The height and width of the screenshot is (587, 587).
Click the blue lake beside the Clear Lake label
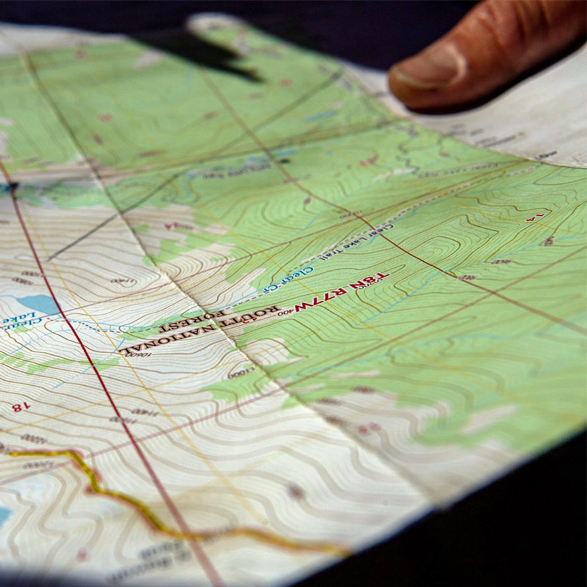[40, 303]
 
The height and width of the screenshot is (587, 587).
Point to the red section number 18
[20, 407]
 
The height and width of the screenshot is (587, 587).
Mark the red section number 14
[535, 217]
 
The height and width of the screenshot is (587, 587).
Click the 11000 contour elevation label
[240, 373]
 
